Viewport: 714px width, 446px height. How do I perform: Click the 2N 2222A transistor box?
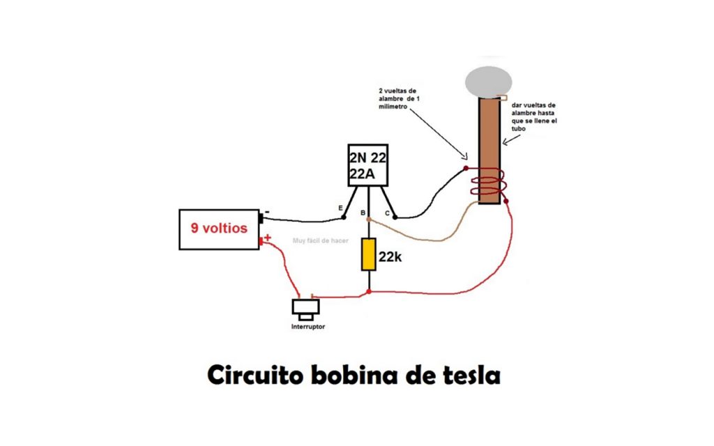tap(367, 166)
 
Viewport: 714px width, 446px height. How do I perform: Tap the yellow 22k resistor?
tap(368, 254)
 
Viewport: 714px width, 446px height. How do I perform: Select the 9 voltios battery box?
tap(219, 229)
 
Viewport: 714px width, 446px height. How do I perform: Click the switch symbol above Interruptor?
tap(305, 307)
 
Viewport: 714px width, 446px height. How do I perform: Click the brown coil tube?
tap(489, 139)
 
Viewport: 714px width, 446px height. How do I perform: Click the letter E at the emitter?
tap(340, 208)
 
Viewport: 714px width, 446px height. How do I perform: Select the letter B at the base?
tap(363, 213)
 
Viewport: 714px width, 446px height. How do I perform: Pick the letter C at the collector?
tap(387, 213)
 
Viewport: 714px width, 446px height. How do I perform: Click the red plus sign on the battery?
tap(268, 238)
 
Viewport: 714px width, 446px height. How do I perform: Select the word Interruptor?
tap(307, 327)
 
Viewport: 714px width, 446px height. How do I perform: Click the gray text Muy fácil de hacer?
tap(320, 241)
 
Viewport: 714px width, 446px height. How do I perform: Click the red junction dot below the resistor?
tap(368, 292)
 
